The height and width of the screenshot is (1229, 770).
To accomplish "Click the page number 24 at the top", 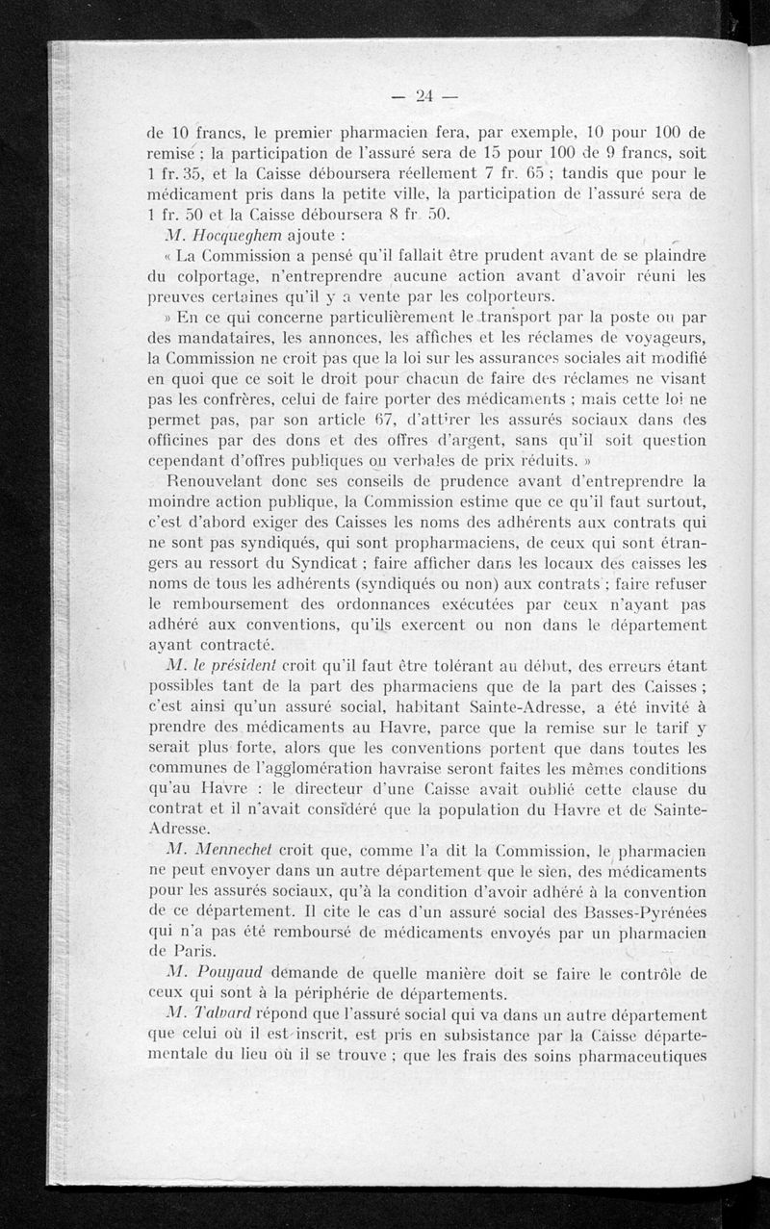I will point(424,94).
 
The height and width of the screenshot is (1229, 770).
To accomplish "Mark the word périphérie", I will point(337,992).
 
